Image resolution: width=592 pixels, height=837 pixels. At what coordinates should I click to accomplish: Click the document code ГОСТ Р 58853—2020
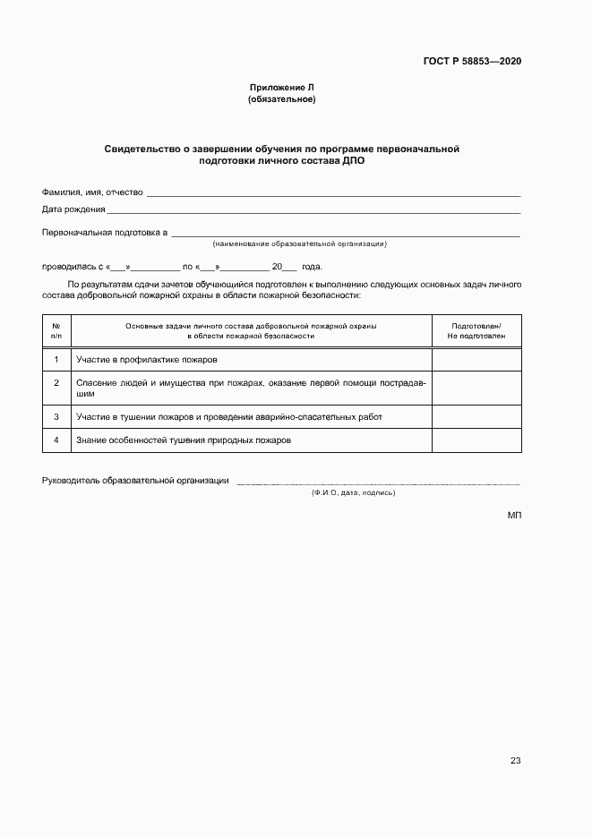tap(472, 62)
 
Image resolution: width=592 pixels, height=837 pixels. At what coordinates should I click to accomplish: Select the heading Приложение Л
tap(281, 87)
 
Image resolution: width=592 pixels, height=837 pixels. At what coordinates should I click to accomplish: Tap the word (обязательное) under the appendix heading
tap(281, 99)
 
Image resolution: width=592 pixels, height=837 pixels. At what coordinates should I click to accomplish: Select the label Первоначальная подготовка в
tap(105, 232)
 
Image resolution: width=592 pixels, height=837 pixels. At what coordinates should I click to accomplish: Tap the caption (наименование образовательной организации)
tap(299, 243)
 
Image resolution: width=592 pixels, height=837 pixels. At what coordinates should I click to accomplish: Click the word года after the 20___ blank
tap(312, 267)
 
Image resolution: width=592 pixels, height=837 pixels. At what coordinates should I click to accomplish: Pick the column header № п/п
tap(56, 330)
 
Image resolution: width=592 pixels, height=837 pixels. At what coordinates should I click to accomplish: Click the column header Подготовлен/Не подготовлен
tap(476, 330)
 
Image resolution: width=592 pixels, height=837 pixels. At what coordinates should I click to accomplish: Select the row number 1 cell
tap(56, 360)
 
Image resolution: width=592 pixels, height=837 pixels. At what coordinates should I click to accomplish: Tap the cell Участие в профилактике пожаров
tap(148, 360)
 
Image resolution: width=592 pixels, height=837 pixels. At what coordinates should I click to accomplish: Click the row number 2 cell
tap(56, 383)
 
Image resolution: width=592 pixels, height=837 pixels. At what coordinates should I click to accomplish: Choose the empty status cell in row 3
tap(476, 417)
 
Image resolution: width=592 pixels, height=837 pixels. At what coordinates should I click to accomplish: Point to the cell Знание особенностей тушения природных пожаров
tap(184, 440)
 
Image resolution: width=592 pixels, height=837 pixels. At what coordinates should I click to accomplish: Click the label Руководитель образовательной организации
tap(135, 481)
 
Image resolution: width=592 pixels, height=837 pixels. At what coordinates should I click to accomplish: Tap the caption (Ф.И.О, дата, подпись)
tap(353, 493)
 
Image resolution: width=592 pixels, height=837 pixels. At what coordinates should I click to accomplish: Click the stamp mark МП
tap(513, 516)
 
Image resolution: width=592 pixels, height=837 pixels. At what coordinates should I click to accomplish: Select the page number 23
tap(515, 761)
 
